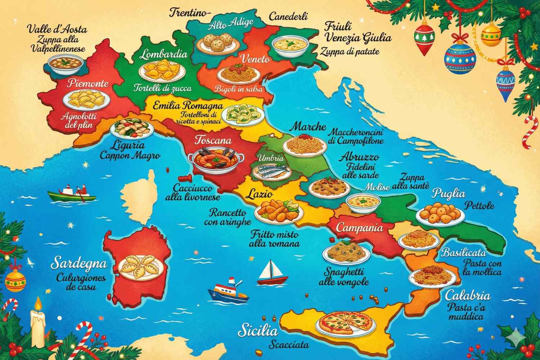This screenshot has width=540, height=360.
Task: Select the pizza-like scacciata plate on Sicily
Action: pos(345,321)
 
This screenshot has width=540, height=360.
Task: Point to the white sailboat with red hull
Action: pos(273,273)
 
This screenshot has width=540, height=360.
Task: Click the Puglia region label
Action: pos(448,193)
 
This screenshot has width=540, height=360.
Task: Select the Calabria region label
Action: pos(467,296)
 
